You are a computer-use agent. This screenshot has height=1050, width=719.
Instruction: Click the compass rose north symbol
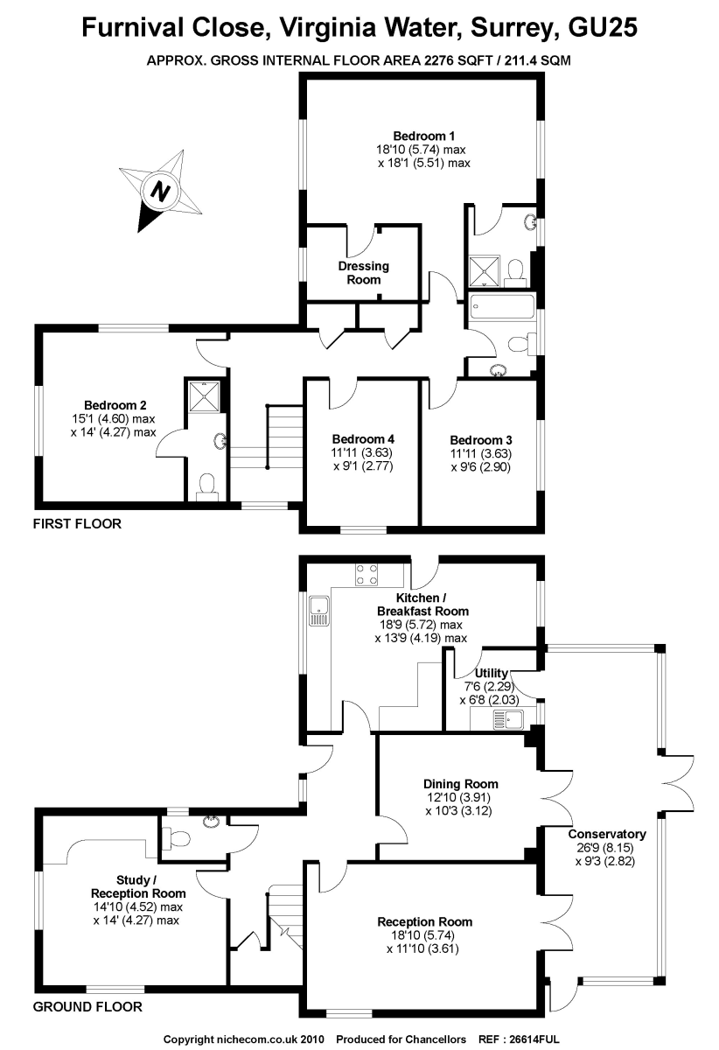(x=160, y=190)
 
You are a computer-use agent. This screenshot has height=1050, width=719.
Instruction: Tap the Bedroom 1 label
(x=423, y=136)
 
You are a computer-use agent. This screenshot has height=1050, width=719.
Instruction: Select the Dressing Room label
(x=364, y=272)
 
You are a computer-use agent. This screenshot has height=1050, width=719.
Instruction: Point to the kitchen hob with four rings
(x=366, y=574)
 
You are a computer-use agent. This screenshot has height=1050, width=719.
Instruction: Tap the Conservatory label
(x=606, y=834)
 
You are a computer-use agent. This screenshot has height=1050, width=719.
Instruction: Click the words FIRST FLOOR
(x=77, y=524)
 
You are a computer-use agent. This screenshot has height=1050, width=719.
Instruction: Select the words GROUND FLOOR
(x=87, y=1006)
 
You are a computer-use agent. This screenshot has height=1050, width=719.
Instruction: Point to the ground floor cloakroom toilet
(x=178, y=838)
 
